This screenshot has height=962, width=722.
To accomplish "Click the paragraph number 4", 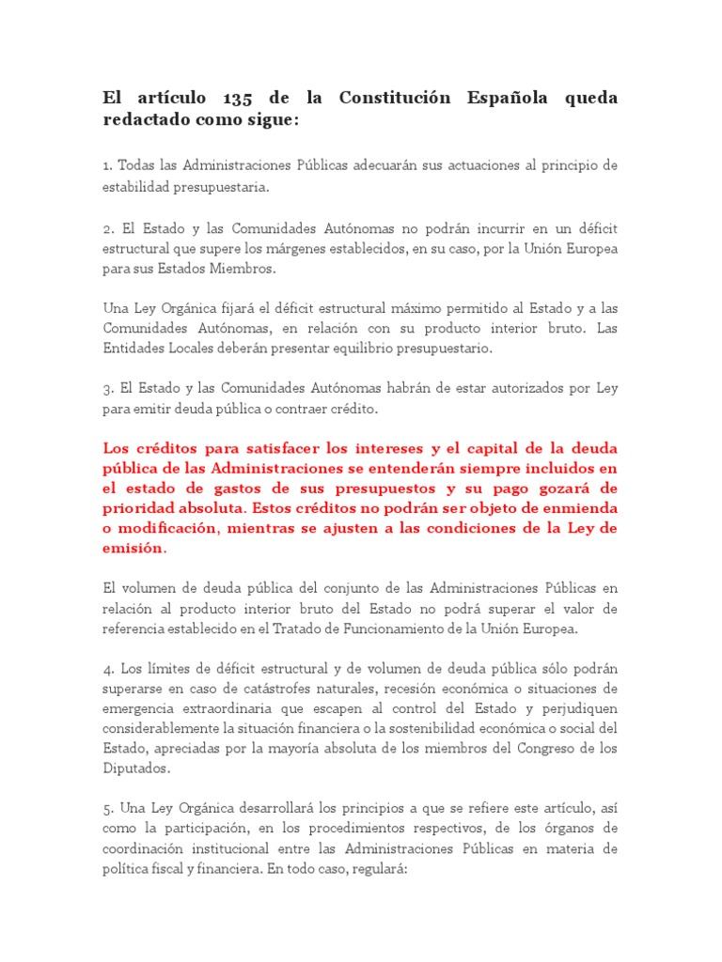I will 107,668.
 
